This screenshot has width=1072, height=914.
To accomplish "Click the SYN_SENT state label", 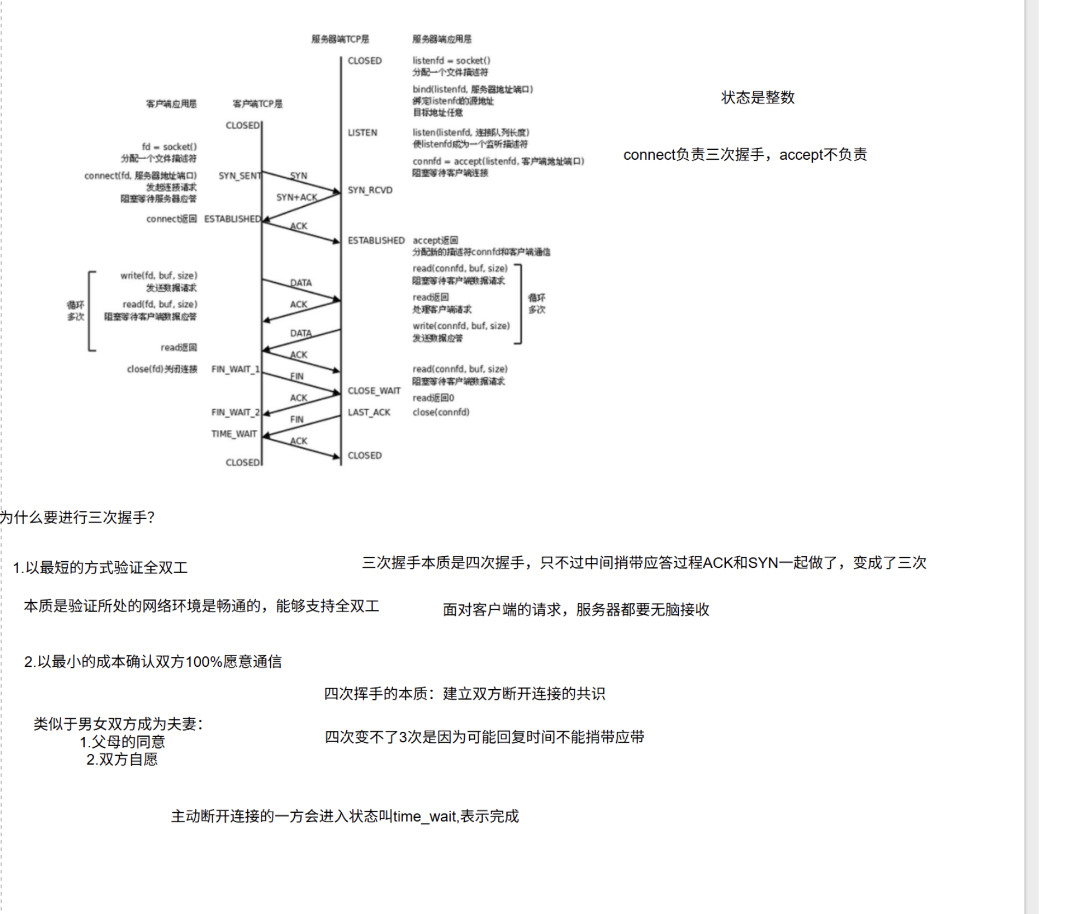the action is coord(240,176).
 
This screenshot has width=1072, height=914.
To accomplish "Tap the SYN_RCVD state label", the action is coord(370,190).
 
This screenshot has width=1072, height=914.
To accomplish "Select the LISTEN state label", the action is coord(362,132).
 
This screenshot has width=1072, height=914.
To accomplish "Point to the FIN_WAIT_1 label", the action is coord(235,369).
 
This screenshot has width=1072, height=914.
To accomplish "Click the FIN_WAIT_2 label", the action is coord(235,412).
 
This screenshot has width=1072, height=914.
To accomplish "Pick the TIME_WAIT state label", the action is coord(234,434).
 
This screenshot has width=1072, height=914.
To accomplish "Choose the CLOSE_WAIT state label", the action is coord(374,391).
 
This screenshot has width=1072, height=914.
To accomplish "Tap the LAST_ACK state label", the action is coord(369,412).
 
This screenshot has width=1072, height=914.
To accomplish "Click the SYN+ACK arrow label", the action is coord(296,197).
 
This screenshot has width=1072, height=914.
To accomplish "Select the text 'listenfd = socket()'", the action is coord(451,61).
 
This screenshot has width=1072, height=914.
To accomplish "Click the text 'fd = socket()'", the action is coord(169,147).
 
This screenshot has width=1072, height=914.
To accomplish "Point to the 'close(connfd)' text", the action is coord(441,412).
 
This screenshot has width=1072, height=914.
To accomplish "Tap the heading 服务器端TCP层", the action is coord(340,39).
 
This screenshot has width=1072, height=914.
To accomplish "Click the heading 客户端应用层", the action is coord(171,104).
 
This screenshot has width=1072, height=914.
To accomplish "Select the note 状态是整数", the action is coord(758,97).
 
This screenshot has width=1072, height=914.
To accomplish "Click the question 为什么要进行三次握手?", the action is coord(78,517).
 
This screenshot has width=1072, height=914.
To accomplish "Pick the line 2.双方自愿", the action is coord(122,759).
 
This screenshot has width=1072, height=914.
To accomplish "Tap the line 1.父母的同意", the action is coord(122,742).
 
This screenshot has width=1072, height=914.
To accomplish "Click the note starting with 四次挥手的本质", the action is coord(464,694).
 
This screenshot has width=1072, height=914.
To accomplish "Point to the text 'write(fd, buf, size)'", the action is coord(159,276).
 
